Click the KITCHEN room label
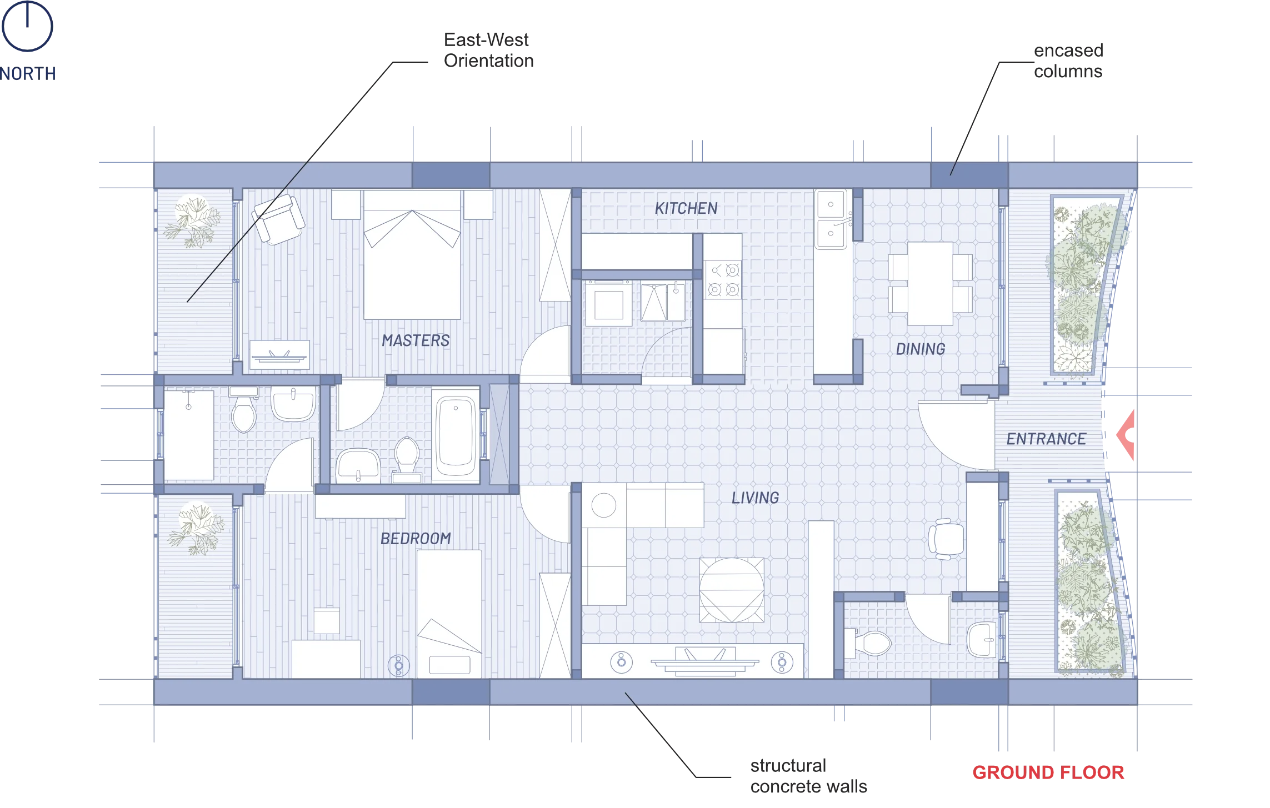pyautogui.click(x=686, y=209)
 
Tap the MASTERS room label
pyautogui.click(x=416, y=340)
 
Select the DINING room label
pyautogui.click(x=921, y=349)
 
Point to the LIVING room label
pyautogui.click(x=755, y=498)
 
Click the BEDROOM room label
pyautogui.click(x=416, y=538)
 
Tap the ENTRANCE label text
pyautogui.click(x=1046, y=439)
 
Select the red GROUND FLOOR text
pyautogui.click(x=1049, y=773)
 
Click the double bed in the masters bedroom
pyautogui.click(x=412, y=255)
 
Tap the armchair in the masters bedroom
pyautogui.click(x=278, y=219)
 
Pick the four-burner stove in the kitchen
pyautogui.click(x=723, y=280)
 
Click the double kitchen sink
pyautogui.click(x=831, y=219)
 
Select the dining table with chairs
pyautogui.click(x=930, y=283)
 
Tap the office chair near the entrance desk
pyautogui.click(x=946, y=538)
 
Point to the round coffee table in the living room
pyautogui.click(x=731, y=590)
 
